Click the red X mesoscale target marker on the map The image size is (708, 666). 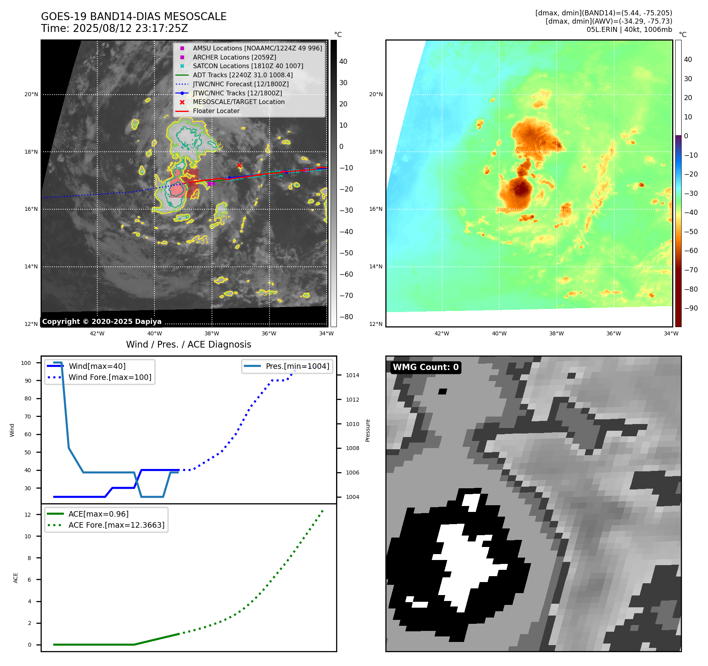pyautogui.click(x=239, y=165)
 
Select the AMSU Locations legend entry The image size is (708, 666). pyautogui.click(x=257, y=48)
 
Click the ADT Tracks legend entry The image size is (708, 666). pyautogui.click(x=243, y=75)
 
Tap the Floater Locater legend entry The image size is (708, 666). pyautogui.click(x=216, y=111)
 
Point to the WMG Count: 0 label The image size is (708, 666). pyautogui.click(x=426, y=367)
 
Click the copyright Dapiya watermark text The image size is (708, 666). pyautogui.click(x=102, y=322)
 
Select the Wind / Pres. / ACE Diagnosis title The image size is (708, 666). pyautogui.click(x=188, y=344)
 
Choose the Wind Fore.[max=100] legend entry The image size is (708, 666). pyautogui.click(x=110, y=377)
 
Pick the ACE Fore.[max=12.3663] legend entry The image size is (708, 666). pyautogui.click(x=116, y=525)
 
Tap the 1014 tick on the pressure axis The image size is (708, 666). pyautogui.click(x=352, y=375)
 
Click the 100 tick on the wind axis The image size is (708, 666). pyautogui.click(x=26, y=363)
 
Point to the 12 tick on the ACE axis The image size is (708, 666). pyautogui.click(x=28, y=514)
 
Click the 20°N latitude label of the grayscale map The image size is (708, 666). pyautogui.click(x=32, y=94)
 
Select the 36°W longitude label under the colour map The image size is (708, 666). pyautogui.click(x=613, y=333)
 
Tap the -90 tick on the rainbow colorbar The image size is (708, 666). pyautogui.click(x=691, y=308)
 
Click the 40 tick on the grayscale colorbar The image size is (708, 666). pyautogui.click(x=343, y=61)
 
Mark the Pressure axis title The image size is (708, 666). pyautogui.click(x=368, y=430)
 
